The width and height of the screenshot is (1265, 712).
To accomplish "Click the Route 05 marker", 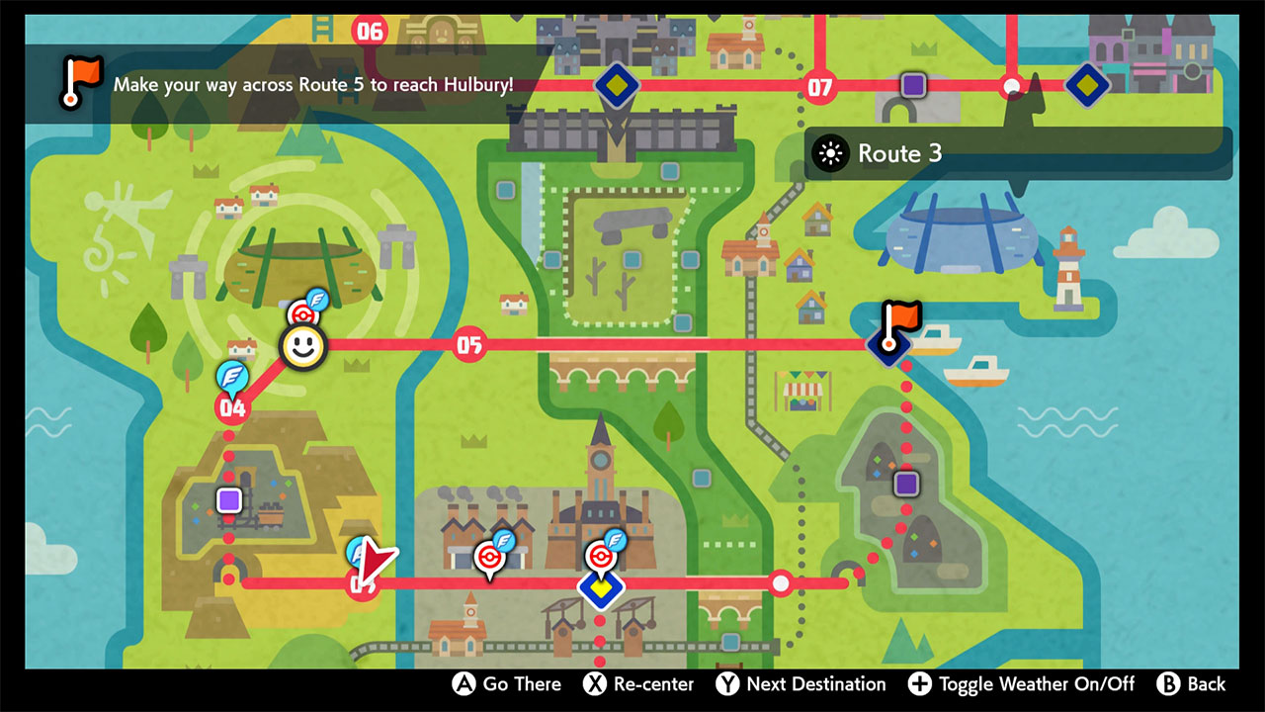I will click(x=468, y=345).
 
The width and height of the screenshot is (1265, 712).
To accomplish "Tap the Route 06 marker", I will click(x=369, y=31).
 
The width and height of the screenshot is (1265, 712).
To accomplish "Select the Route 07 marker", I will click(x=819, y=87).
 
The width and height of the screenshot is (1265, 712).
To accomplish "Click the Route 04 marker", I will click(x=233, y=406).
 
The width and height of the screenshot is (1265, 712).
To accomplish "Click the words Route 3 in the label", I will click(x=899, y=153).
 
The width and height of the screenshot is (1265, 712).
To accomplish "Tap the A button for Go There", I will click(x=464, y=684).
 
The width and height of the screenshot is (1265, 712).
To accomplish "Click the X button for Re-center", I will click(x=594, y=684).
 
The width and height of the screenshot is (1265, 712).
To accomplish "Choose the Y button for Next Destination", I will click(x=727, y=684).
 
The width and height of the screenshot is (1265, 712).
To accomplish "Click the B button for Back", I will click(x=1168, y=684).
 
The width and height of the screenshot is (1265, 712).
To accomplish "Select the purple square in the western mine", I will click(x=229, y=499).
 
